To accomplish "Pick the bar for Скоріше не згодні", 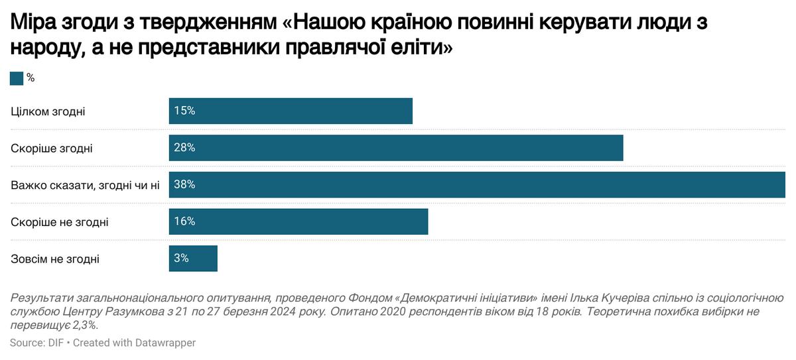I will (298, 221).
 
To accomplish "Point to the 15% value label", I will (184, 111).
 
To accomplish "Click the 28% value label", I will (184, 148).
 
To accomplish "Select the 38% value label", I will (184, 185).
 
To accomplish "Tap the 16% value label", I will (184, 221).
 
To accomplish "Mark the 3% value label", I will (182, 259).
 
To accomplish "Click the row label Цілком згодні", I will (48, 111).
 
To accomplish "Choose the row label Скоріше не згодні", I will (60, 222).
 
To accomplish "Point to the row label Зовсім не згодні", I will (55, 259).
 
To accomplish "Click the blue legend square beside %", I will (17, 78).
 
